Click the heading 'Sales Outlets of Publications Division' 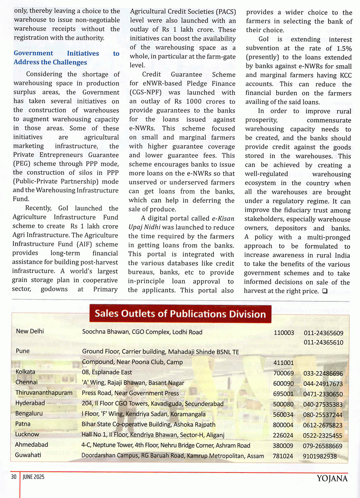pyautogui.click(x=180, y=314)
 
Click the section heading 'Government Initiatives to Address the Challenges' pyautogui.click(x=66, y=58)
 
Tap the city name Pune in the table pyautogui.click(x=23, y=351)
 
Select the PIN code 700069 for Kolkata pyautogui.click(x=284, y=373)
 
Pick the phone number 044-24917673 pyautogui.click(x=323, y=384)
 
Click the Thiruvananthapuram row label pyautogui.click(x=44, y=392)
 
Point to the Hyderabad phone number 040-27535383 pyautogui.click(x=323, y=404)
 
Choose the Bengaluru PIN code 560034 pyautogui.click(x=283, y=415)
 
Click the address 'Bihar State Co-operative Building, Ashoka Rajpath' pyautogui.click(x=148, y=425)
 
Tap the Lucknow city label pyautogui.click(x=27, y=434)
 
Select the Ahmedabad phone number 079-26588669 pyautogui.click(x=323, y=446)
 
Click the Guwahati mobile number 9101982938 pyautogui.click(x=320, y=456)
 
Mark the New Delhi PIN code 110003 pyautogui.click(x=284, y=333)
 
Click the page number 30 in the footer pyautogui.click(x=14, y=477)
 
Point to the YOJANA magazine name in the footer pyautogui.click(x=332, y=479)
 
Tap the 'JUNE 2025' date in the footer pyautogui.click(x=34, y=477)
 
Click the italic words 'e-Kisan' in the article pyautogui.click(x=223, y=218)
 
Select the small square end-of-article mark pyautogui.click(x=325, y=291)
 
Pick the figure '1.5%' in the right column pyautogui.click(x=344, y=48)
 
